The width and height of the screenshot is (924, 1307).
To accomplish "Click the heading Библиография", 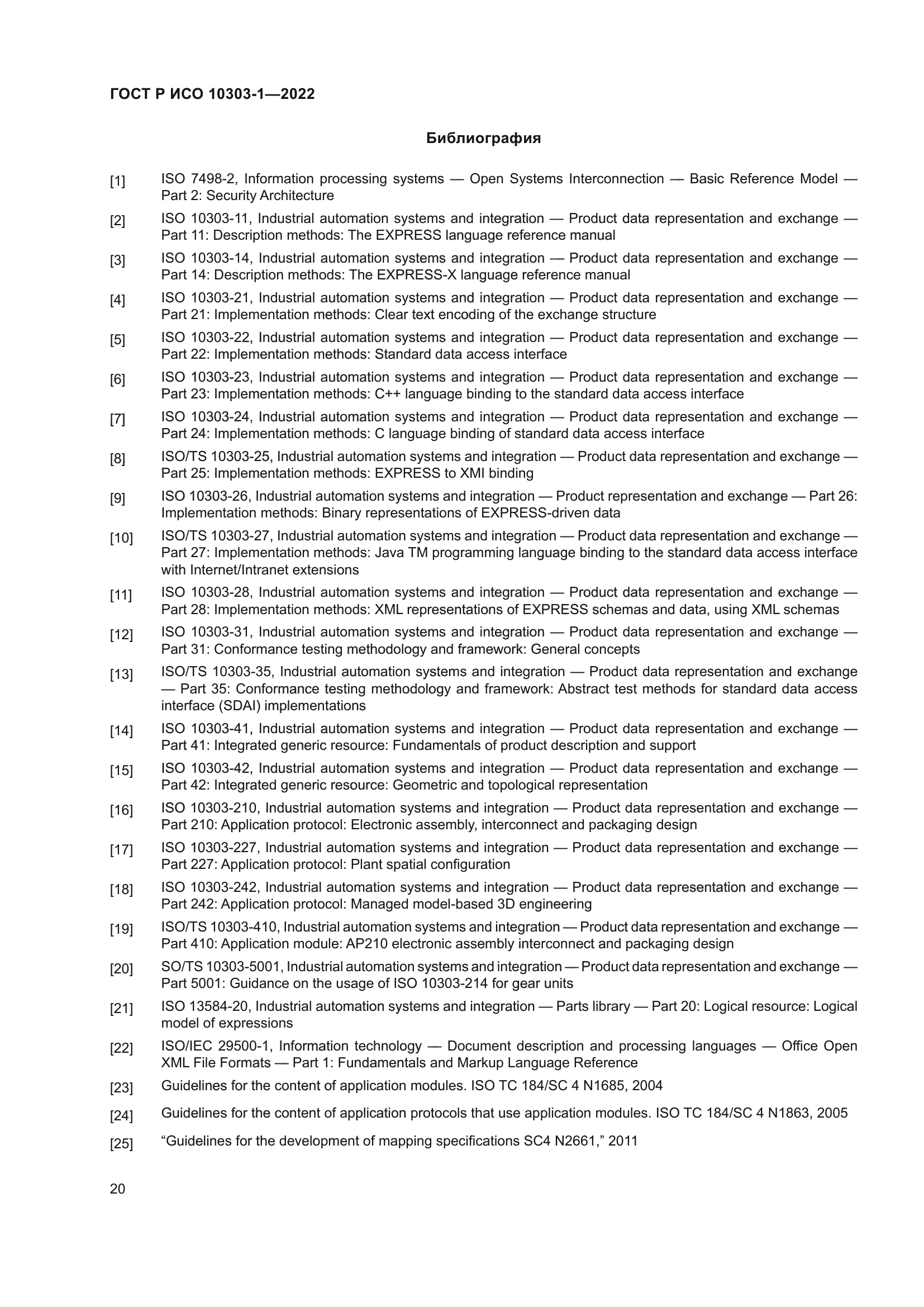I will [x=483, y=139].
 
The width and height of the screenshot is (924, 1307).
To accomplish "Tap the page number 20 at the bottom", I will [x=117, y=1189].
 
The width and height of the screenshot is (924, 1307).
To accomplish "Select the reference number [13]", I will [x=121, y=674].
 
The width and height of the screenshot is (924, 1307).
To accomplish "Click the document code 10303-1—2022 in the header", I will [x=261, y=94].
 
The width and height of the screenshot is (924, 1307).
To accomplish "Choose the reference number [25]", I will [x=121, y=1144].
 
